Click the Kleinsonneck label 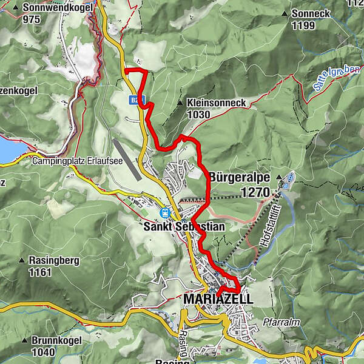(x=216, y=103)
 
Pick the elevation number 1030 (x=198, y=114)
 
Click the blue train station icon (x=164, y=212)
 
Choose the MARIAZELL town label (x=218, y=299)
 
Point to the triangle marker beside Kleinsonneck (x=181, y=104)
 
